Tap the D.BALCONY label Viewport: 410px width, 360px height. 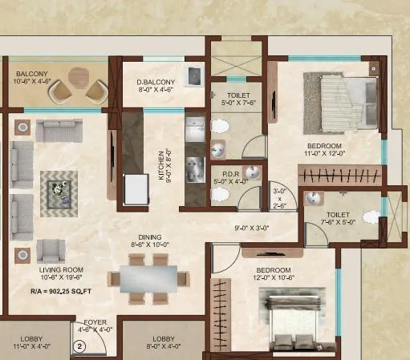click(x=151, y=81)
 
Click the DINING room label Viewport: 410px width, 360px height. click(x=149, y=237)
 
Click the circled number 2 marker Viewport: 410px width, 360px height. click(x=79, y=346)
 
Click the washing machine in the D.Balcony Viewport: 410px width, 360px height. click(x=193, y=77)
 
